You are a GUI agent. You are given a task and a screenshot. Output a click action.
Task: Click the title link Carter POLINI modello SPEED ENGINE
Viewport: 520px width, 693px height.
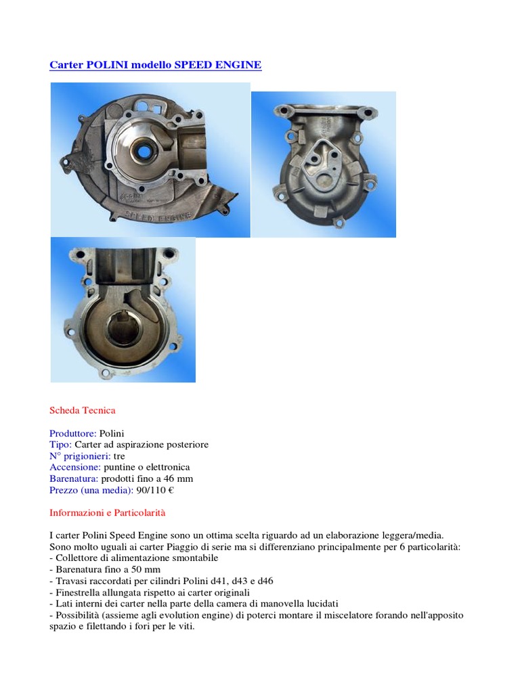click(x=155, y=65)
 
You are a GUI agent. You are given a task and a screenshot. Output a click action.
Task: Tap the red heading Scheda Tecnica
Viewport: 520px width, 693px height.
click(x=83, y=410)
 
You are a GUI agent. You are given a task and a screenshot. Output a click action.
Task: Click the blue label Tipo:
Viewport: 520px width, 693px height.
click(x=61, y=445)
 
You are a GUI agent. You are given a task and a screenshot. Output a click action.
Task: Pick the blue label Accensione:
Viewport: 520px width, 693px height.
click(x=75, y=467)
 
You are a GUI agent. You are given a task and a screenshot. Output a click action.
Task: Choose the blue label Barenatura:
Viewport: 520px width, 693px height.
click(x=74, y=478)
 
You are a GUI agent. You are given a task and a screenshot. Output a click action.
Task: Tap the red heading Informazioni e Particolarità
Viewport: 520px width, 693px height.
click(x=108, y=512)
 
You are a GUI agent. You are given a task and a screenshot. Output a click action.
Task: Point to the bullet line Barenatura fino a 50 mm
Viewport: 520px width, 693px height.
click(x=107, y=570)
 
